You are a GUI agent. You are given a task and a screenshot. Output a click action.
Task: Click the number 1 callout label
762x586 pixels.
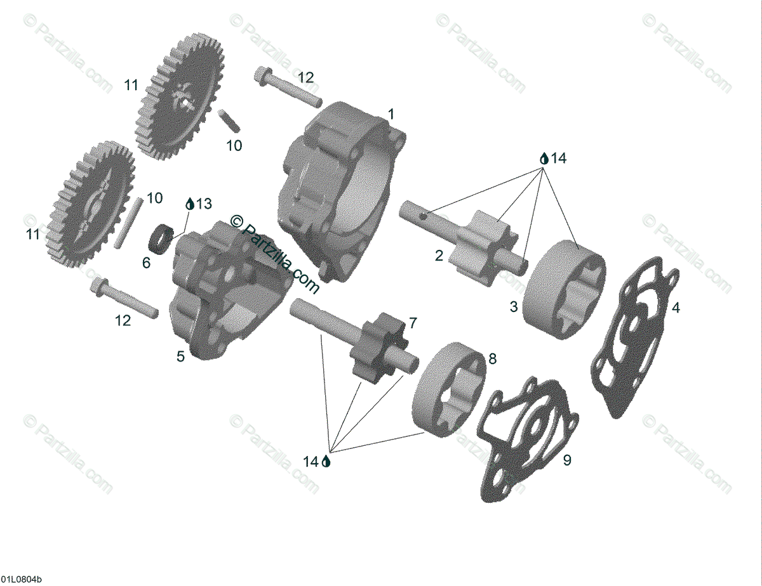(x=391, y=115)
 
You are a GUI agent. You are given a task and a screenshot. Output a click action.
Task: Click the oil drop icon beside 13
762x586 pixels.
(x=189, y=204)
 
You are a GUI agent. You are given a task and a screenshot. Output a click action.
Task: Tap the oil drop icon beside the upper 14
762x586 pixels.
(x=544, y=159)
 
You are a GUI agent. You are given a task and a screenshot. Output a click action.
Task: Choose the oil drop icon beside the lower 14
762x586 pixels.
(x=326, y=462)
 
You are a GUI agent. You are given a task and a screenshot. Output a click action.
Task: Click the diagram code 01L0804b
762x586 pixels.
(x=22, y=580)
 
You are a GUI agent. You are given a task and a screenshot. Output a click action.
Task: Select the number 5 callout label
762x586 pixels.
(x=181, y=357)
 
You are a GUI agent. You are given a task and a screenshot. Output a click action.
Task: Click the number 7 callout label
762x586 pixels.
(x=413, y=323)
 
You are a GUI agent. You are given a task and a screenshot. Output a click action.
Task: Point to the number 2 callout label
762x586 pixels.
(x=439, y=256)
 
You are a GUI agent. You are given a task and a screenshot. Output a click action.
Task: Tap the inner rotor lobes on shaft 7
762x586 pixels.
(x=377, y=345)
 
